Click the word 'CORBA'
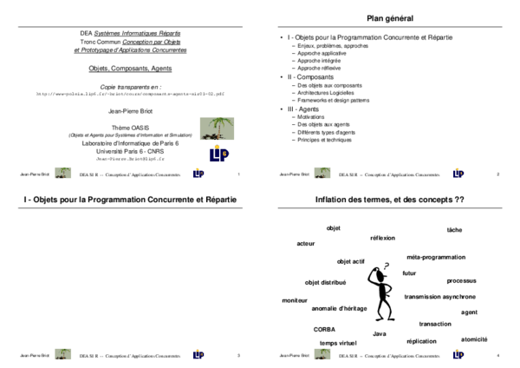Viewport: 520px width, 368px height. tap(325, 329)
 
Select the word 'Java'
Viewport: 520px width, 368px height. tap(379, 333)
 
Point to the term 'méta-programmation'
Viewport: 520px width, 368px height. tap(436, 257)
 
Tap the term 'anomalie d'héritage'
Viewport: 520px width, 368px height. tap(339, 308)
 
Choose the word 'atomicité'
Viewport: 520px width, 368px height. tap(474, 339)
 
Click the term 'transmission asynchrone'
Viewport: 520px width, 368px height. tap(439, 297)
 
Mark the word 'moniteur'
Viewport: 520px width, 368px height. tap(296, 300)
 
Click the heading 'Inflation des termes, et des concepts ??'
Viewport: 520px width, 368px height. tap(389, 200)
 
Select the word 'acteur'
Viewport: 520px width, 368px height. tap(306, 244)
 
